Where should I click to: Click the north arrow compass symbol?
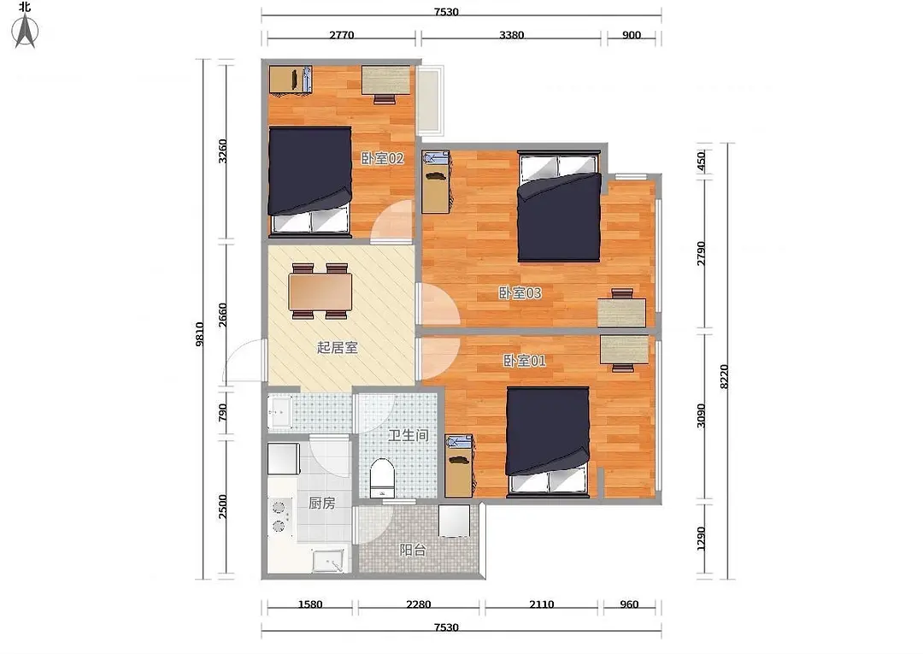pyautogui.click(x=26, y=30)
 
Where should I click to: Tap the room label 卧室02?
pyautogui.click(x=382, y=158)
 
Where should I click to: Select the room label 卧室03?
pyautogui.click(x=520, y=292)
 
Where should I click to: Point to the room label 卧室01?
pyautogui.click(x=524, y=360)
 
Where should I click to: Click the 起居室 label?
pyautogui.click(x=338, y=347)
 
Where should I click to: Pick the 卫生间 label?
pyautogui.click(x=408, y=436)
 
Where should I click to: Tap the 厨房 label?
pyautogui.click(x=322, y=504)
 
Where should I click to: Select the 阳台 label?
pyautogui.click(x=413, y=550)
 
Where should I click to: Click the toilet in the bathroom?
pyautogui.click(x=382, y=478)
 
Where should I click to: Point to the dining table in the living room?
pyautogui.click(x=320, y=292)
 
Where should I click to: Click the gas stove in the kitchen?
pyautogui.click(x=280, y=517)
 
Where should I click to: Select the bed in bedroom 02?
pyautogui.click(x=309, y=179)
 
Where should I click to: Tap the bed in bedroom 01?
pyautogui.click(x=548, y=439)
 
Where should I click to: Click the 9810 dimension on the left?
pyautogui.click(x=199, y=333)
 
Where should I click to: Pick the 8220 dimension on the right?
pyautogui.click(x=724, y=376)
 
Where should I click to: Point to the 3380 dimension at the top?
pyautogui.click(x=512, y=35)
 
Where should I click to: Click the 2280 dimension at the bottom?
pyautogui.click(x=419, y=604)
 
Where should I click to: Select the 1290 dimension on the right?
pyautogui.click(x=701, y=538)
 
